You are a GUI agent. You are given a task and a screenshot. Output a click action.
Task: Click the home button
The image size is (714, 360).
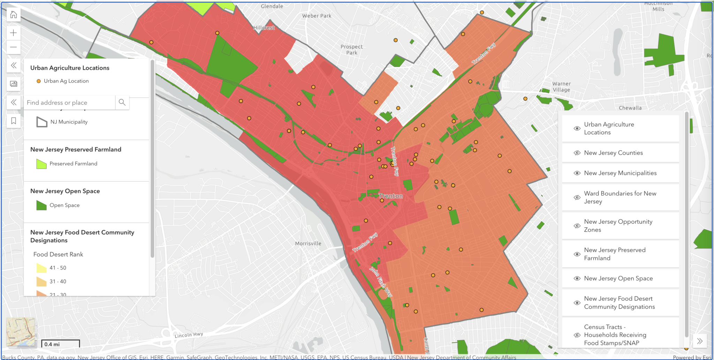(14, 15)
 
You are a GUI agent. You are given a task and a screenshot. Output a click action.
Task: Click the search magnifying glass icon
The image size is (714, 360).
(122, 102)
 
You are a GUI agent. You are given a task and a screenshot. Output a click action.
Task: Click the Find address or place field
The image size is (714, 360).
(69, 103)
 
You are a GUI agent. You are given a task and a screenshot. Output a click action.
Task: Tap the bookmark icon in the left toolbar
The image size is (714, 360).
(14, 121)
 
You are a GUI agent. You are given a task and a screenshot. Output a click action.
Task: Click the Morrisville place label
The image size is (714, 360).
(308, 243)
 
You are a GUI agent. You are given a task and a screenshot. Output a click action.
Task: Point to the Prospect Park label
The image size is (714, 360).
(351, 50)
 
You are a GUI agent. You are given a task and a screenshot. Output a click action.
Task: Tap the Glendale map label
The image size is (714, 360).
(272, 6)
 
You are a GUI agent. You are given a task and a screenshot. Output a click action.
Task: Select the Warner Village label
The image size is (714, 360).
(561, 87)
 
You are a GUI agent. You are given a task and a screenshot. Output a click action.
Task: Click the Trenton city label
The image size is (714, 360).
(391, 196)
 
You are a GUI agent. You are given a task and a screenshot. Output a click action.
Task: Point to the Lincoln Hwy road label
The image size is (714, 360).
(189, 335)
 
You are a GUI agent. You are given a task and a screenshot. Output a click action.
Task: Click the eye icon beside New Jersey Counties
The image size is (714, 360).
(577, 153)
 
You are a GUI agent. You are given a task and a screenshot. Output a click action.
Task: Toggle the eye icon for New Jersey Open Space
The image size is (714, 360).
(577, 278)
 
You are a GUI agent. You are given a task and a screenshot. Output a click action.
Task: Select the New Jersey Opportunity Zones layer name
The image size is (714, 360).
(618, 226)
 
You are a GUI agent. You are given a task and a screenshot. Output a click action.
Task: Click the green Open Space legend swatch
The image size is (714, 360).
(41, 205)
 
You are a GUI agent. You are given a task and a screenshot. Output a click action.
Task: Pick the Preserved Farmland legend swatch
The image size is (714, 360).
(41, 164)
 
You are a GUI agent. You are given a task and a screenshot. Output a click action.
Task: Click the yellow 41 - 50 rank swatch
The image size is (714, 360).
(41, 268)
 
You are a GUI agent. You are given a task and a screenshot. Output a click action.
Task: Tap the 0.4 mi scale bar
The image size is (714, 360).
(60, 344)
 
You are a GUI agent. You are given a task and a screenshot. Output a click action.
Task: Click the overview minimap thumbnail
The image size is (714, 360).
(21, 332)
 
